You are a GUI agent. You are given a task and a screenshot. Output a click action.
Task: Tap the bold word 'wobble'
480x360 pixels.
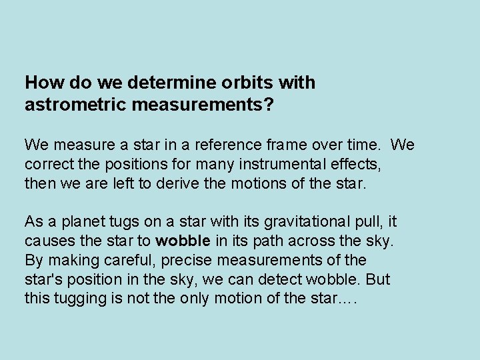click(183, 241)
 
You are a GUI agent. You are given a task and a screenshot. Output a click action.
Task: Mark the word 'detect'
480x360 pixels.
click(299, 279)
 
